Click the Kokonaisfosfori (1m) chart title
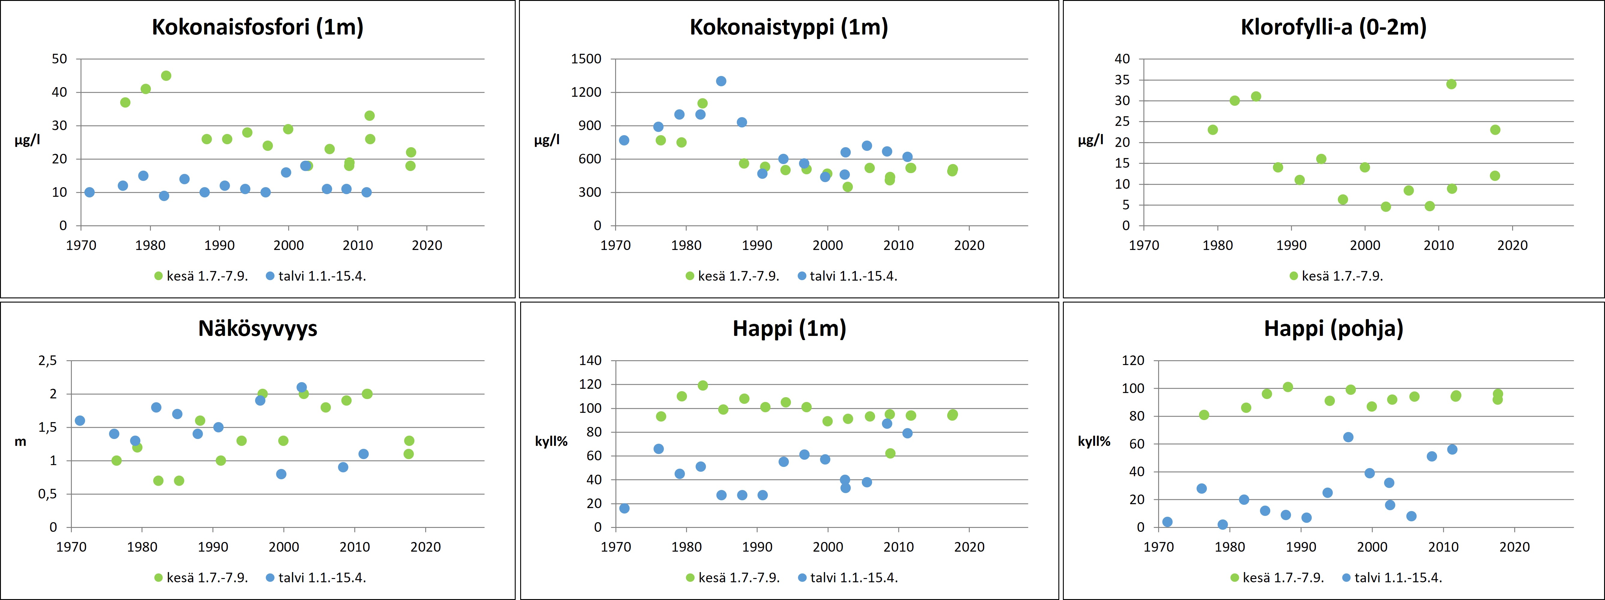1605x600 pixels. pos(257,27)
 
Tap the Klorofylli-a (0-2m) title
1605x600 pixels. pos(1333,27)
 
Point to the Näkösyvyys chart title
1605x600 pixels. pos(257,328)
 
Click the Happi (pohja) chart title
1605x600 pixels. pos(1333,328)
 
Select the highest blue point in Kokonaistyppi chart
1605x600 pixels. pos(721,81)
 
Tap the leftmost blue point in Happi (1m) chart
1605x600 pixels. pos(624,508)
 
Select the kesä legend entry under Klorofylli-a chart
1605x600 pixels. pos(1336,276)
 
